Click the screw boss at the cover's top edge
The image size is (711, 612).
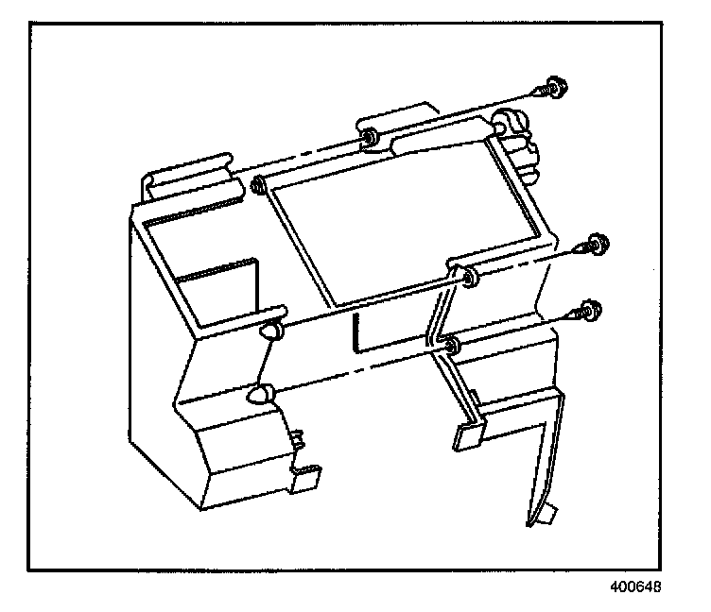[x=367, y=141]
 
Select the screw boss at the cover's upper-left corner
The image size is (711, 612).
[x=257, y=184]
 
